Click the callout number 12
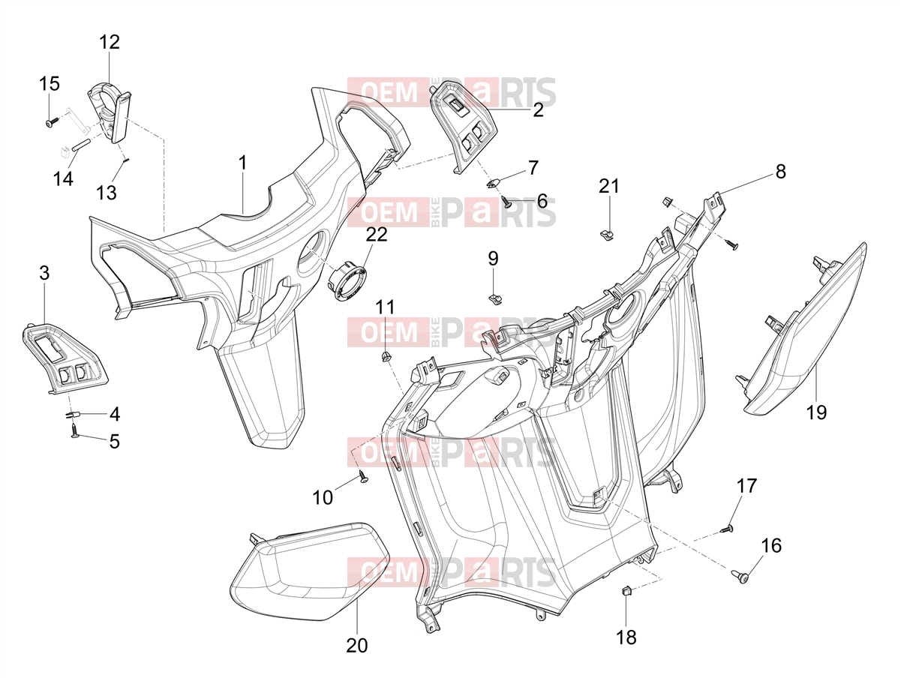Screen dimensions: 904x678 109,42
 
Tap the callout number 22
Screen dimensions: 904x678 377,235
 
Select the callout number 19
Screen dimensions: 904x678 816,412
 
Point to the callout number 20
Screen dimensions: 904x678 356,646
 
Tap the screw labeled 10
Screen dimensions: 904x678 363,477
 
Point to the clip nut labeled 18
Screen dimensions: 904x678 626,592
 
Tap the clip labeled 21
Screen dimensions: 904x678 606,236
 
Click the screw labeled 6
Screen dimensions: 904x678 506,201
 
